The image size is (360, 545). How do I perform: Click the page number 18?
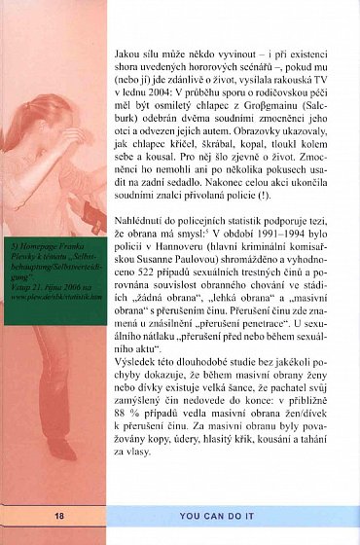click(33, 515)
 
